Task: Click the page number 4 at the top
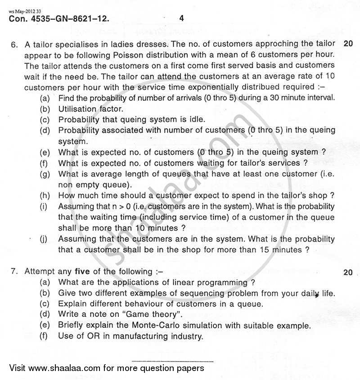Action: pyautogui.click(x=181, y=18)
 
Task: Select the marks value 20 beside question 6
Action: pyautogui.click(x=348, y=44)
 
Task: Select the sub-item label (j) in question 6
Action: pyautogui.click(x=44, y=239)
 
